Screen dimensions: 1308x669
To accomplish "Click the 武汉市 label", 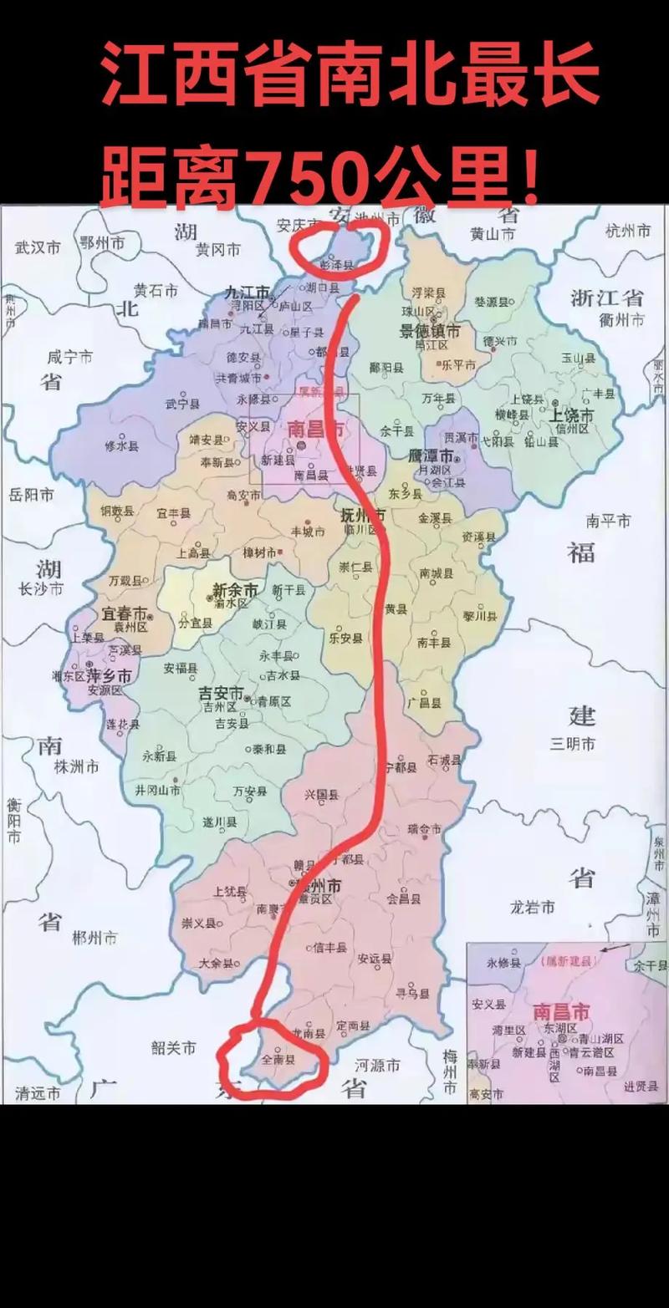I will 38,247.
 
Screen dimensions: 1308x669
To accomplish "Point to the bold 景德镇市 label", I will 430,331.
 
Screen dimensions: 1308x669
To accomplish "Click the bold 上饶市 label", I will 571,415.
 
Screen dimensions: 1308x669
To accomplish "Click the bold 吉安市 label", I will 221,694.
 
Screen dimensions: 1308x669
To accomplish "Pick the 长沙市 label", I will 40,588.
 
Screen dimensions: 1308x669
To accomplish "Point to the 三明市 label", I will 572,742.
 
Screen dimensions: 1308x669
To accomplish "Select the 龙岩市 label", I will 533,907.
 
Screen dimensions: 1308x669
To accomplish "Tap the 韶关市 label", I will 173,1047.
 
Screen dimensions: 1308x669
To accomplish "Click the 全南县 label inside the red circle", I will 278,1059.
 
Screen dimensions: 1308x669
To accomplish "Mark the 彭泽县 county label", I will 337,264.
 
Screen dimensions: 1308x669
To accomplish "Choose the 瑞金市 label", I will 424,829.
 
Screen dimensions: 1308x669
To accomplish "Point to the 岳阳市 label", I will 31,495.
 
